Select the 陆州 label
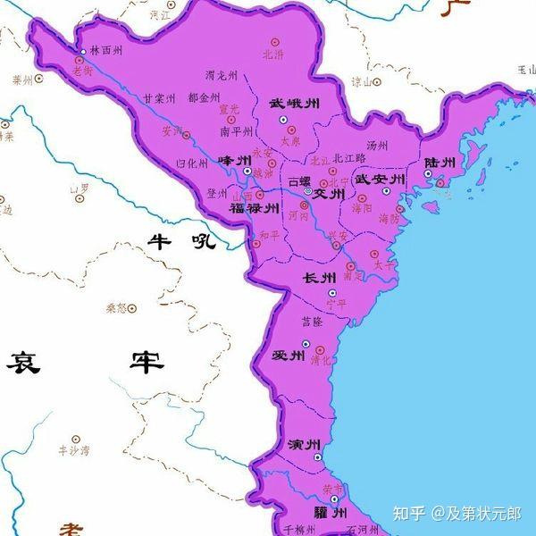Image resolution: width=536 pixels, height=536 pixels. pyautogui.click(x=440, y=163)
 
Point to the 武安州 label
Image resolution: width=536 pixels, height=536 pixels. pyautogui.click(x=381, y=180)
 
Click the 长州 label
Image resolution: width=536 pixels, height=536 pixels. pyautogui.click(x=320, y=277)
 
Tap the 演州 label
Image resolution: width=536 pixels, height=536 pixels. pyautogui.click(x=306, y=444)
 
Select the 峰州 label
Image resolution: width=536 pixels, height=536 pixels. pyautogui.click(x=236, y=161)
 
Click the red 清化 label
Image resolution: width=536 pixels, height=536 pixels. pyautogui.click(x=320, y=361)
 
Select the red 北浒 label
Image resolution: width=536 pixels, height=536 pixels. pyautogui.click(x=272, y=54)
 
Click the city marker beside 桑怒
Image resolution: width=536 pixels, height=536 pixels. pyautogui.click(x=132, y=308)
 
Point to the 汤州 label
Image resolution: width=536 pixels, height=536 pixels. pyautogui.click(x=376, y=146)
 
